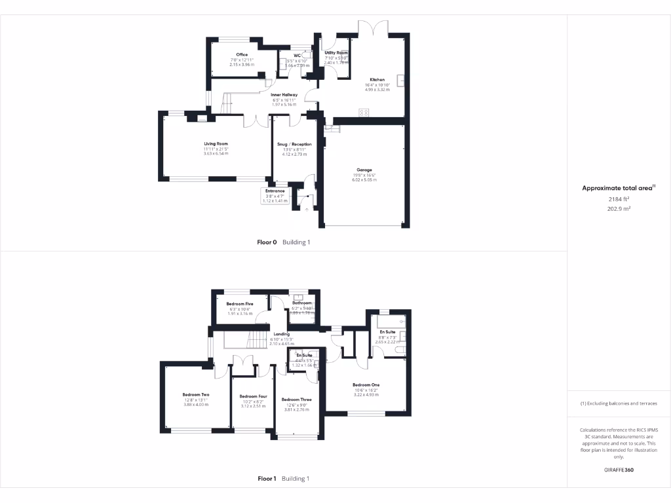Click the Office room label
242,54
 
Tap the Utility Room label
336,52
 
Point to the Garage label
364,170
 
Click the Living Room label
216,143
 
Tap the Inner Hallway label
284,94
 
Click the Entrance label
275,191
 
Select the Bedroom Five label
240,304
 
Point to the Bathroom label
302,303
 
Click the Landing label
282,334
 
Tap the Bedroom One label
366,384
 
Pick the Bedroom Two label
196,394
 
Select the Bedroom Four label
254,396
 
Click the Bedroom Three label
296,400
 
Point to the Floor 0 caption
267,242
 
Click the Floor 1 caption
267,479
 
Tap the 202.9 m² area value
619,209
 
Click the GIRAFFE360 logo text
619,470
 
